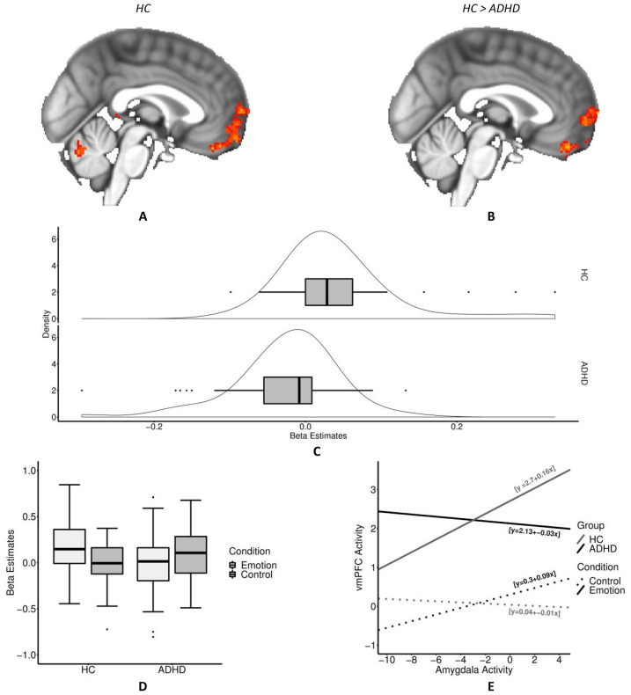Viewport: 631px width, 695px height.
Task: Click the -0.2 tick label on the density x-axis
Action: (x=154, y=425)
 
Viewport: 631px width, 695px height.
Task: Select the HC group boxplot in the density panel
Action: (x=328, y=292)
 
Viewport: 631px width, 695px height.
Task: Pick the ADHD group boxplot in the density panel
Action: (x=289, y=390)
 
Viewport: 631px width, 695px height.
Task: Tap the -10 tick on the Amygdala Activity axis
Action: (x=381, y=659)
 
